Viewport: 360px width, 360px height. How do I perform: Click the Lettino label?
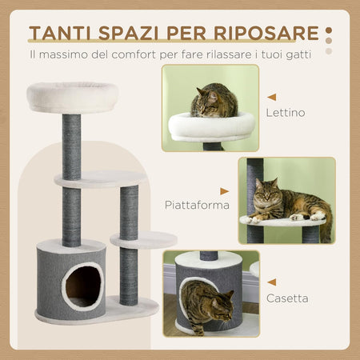click(x=286, y=113)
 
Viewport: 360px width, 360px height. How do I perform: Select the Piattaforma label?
click(x=197, y=205)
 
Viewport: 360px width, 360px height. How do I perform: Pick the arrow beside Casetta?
click(x=272, y=282)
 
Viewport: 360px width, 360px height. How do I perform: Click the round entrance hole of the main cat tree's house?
click(x=83, y=284)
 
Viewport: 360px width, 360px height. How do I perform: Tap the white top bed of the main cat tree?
click(x=72, y=96)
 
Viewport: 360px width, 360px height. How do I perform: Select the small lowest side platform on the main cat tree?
click(x=144, y=238)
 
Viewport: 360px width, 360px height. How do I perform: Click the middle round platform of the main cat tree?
click(x=100, y=178)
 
